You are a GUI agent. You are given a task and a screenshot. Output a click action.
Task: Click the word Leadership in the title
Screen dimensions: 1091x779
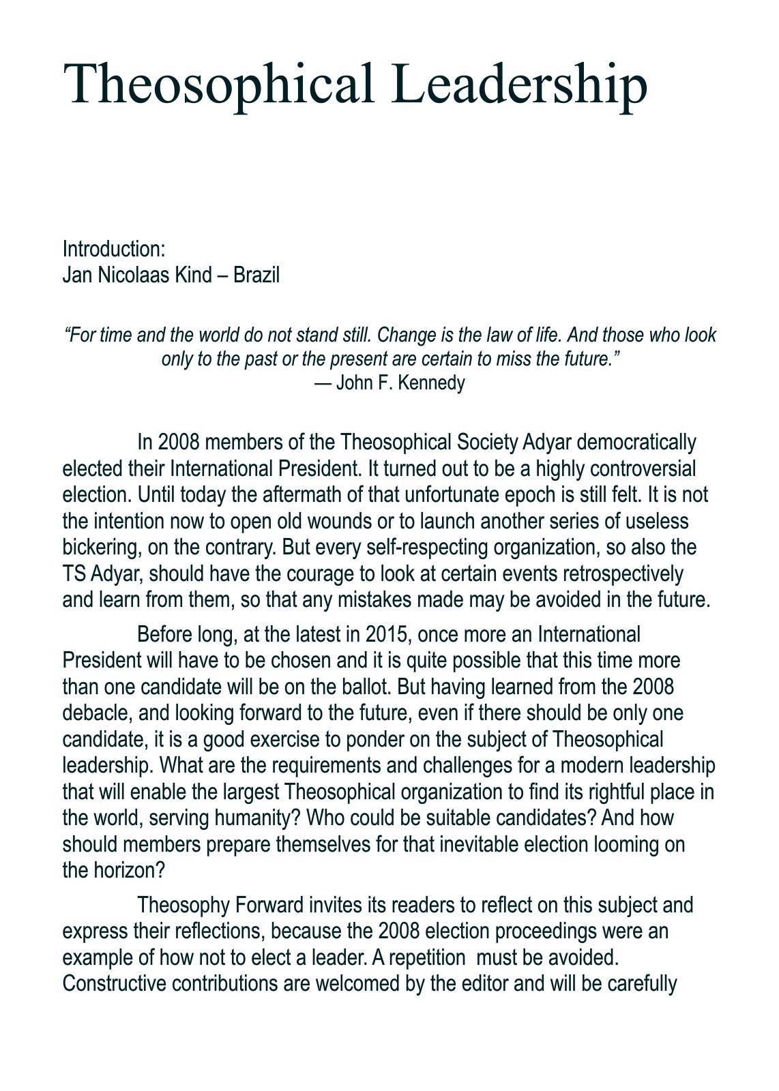519,84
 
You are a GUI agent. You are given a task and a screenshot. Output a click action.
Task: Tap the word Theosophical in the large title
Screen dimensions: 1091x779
219,84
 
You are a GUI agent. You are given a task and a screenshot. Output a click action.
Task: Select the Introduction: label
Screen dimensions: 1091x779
114,249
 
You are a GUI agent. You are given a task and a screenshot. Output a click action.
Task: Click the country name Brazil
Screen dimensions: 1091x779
256,275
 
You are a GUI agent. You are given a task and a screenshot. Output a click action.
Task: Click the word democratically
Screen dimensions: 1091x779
636,443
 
